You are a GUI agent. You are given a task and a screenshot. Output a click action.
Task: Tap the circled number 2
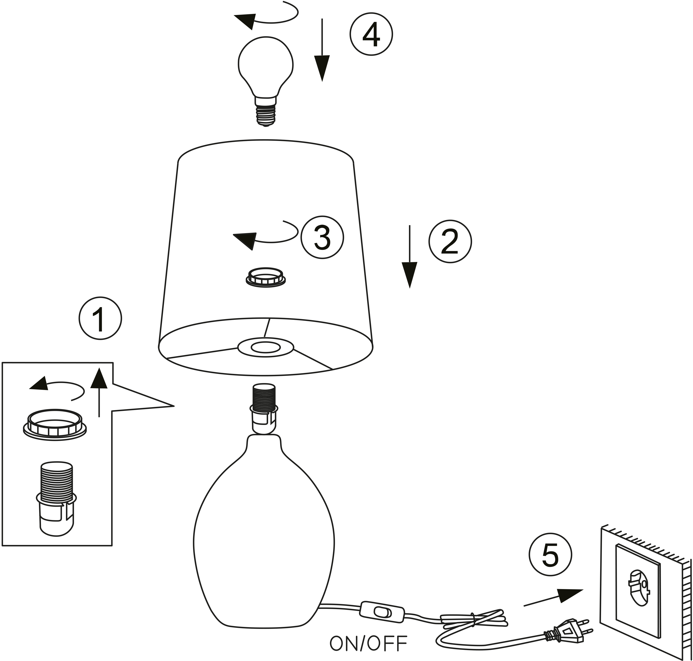pyautogui.click(x=450, y=241)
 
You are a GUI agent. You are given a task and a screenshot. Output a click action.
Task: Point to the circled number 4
pyautogui.click(x=371, y=34)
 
